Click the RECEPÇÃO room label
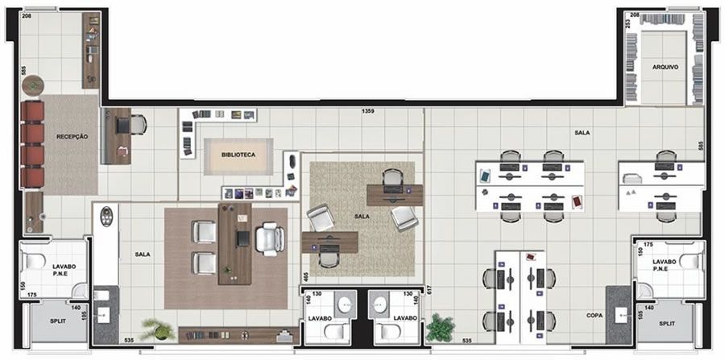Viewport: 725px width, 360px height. [72, 137]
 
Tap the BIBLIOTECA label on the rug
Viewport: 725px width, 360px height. [238, 155]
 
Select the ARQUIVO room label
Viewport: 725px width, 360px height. [665, 67]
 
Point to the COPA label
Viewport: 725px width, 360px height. [594, 315]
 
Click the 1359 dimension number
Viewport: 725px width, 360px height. [368, 111]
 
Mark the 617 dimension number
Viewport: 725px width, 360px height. [429, 291]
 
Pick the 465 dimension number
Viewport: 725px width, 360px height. [305, 278]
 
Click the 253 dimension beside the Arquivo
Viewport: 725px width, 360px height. [628, 23]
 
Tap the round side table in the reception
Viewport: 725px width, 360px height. [33, 85]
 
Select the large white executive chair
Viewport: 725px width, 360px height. [270, 238]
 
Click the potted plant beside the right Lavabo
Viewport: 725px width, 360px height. [440, 328]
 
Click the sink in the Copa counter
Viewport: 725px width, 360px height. [621, 315]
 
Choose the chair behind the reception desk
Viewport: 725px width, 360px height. [138, 125]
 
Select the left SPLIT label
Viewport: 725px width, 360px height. [58, 321]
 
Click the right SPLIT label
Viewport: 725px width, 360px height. [667, 324]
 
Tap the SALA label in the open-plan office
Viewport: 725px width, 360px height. [582, 133]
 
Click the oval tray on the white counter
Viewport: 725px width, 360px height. [106, 216]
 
